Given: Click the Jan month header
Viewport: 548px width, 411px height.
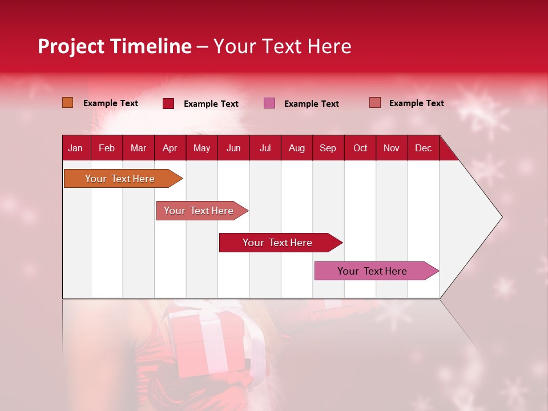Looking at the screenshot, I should tap(76, 148).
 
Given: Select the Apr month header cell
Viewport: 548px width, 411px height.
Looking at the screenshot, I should tap(170, 148).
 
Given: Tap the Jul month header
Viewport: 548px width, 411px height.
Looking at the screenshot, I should tap(265, 148).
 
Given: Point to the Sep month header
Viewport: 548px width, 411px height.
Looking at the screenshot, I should tap(328, 148).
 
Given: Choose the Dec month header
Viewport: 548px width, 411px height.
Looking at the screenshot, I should tap(423, 148).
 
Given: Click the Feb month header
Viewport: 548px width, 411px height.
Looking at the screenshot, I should tap(107, 148).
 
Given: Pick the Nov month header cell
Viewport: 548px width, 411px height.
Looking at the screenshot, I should tap(392, 148).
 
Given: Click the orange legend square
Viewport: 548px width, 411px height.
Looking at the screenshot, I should tap(68, 103).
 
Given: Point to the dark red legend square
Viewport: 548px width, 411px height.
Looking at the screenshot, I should tap(168, 103).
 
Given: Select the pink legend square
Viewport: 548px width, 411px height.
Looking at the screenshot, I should tap(269, 103).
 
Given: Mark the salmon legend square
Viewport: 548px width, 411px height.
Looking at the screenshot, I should tap(375, 103).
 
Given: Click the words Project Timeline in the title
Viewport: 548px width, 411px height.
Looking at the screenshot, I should tap(115, 46).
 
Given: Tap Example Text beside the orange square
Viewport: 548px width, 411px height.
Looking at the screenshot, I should tap(111, 103).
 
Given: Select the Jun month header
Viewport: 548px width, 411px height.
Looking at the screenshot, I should tap(233, 148).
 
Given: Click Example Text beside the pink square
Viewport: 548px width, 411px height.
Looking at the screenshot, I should tap(312, 104).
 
